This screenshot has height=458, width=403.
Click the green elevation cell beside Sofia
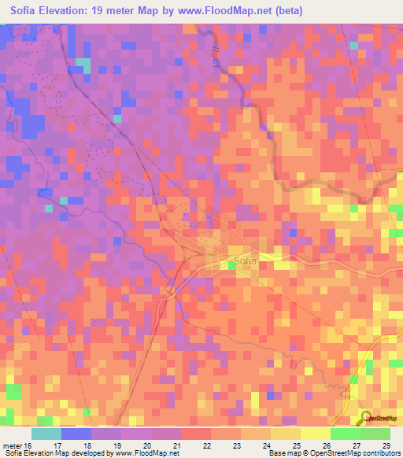pyautogui.click(x=231, y=266)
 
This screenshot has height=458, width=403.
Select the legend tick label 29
pyautogui.click(x=386, y=445)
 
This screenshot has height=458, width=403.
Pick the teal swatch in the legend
pyautogui.click(x=46, y=434)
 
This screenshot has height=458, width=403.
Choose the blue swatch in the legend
pyautogui.click(x=76, y=434)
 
